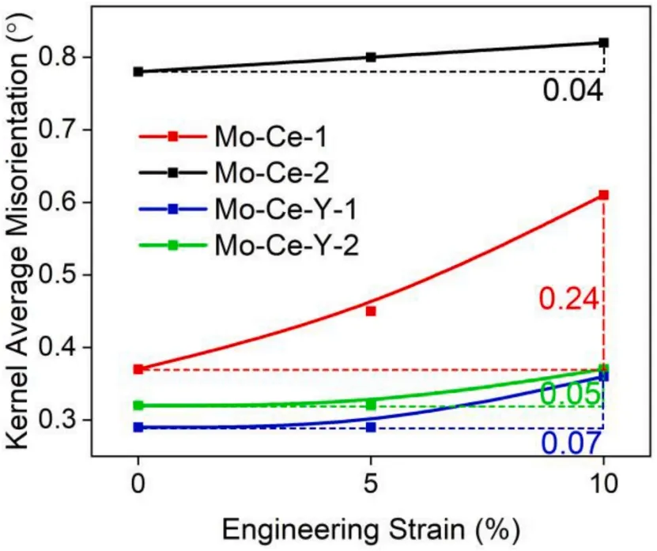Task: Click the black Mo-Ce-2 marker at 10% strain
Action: point(604,43)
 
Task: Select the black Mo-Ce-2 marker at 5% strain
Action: point(371,57)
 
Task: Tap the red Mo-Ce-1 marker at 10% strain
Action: point(604,194)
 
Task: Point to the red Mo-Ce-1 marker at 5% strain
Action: point(371,311)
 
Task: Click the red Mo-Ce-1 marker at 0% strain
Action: point(138,369)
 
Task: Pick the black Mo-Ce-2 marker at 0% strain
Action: point(138,72)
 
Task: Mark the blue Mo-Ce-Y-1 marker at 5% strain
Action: point(371,427)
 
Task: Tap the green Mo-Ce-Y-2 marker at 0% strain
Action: point(138,406)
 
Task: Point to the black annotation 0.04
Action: point(573,91)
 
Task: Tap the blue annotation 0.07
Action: point(572,443)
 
